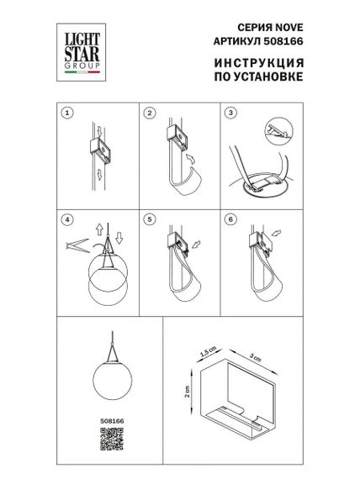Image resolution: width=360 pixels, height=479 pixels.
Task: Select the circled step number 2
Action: click(x=149, y=112)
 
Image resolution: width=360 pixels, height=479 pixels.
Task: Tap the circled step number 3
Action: click(x=231, y=112)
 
